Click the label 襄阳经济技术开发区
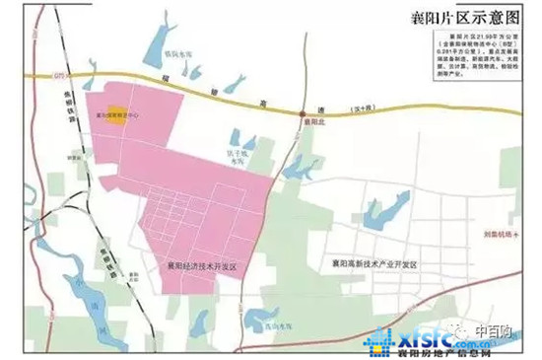[197, 264]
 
